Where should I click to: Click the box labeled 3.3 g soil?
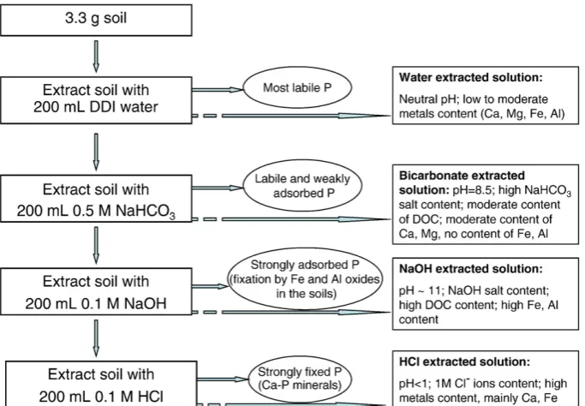pyautogui.click(x=96, y=21)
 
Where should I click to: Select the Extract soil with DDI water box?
pyautogui.click(x=96, y=100)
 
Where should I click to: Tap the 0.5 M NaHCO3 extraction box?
pyautogui.click(x=96, y=199)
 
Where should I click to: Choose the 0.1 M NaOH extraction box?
pyautogui.click(x=96, y=291)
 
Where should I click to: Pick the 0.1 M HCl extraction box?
pyautogui.click(x=101, y=384)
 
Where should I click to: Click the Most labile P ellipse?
pyautogui.click(x=297, y=87)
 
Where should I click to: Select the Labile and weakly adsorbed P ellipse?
pyautogui.click(x=302, y=186)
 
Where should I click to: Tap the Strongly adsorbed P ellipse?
pyautogui.click(x=305, y=278)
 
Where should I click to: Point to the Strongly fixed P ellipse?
pyautogui.click(x=300, y=378)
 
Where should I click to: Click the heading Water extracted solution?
pyautogui.click(x=471, y=77)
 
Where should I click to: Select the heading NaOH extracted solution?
pyautogui.click(x=471, y=269)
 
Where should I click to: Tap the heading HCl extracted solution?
pyautogui.click(x=464, y=361)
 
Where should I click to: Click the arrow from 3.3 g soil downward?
pyautogui.click(x=96, y=57)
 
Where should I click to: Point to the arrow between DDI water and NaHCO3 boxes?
pyautogui.click(x=96, y=152)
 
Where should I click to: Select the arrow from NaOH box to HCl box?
pyautogui.click(x=96, y=338)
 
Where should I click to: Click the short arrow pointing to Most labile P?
pyautogui.click(x=218, y=90)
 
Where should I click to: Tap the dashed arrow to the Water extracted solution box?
pyautogui.click(x=291, y=116)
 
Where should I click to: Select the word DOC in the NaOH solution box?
pyautogui.click(x=438, y=305)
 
